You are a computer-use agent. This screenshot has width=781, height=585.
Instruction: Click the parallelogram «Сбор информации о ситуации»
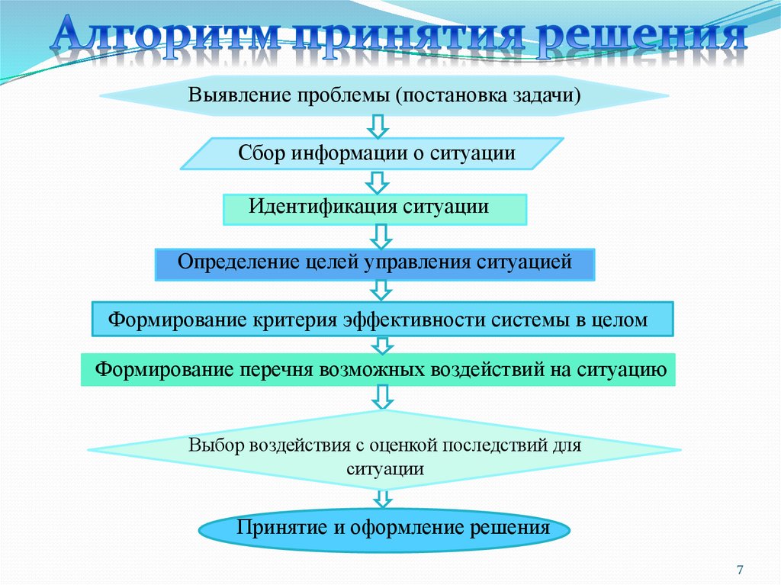372,153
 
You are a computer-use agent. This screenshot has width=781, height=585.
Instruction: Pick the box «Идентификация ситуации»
374,209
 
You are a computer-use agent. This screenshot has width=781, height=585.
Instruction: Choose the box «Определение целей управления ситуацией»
374,264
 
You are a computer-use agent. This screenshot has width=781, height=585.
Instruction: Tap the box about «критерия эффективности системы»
382,319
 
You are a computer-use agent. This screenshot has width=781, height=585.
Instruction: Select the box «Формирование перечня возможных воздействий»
379,370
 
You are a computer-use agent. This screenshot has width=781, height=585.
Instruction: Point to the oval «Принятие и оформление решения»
384,529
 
